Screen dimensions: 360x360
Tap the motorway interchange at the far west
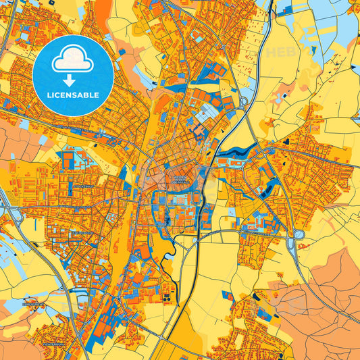click(x=12, y=213)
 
